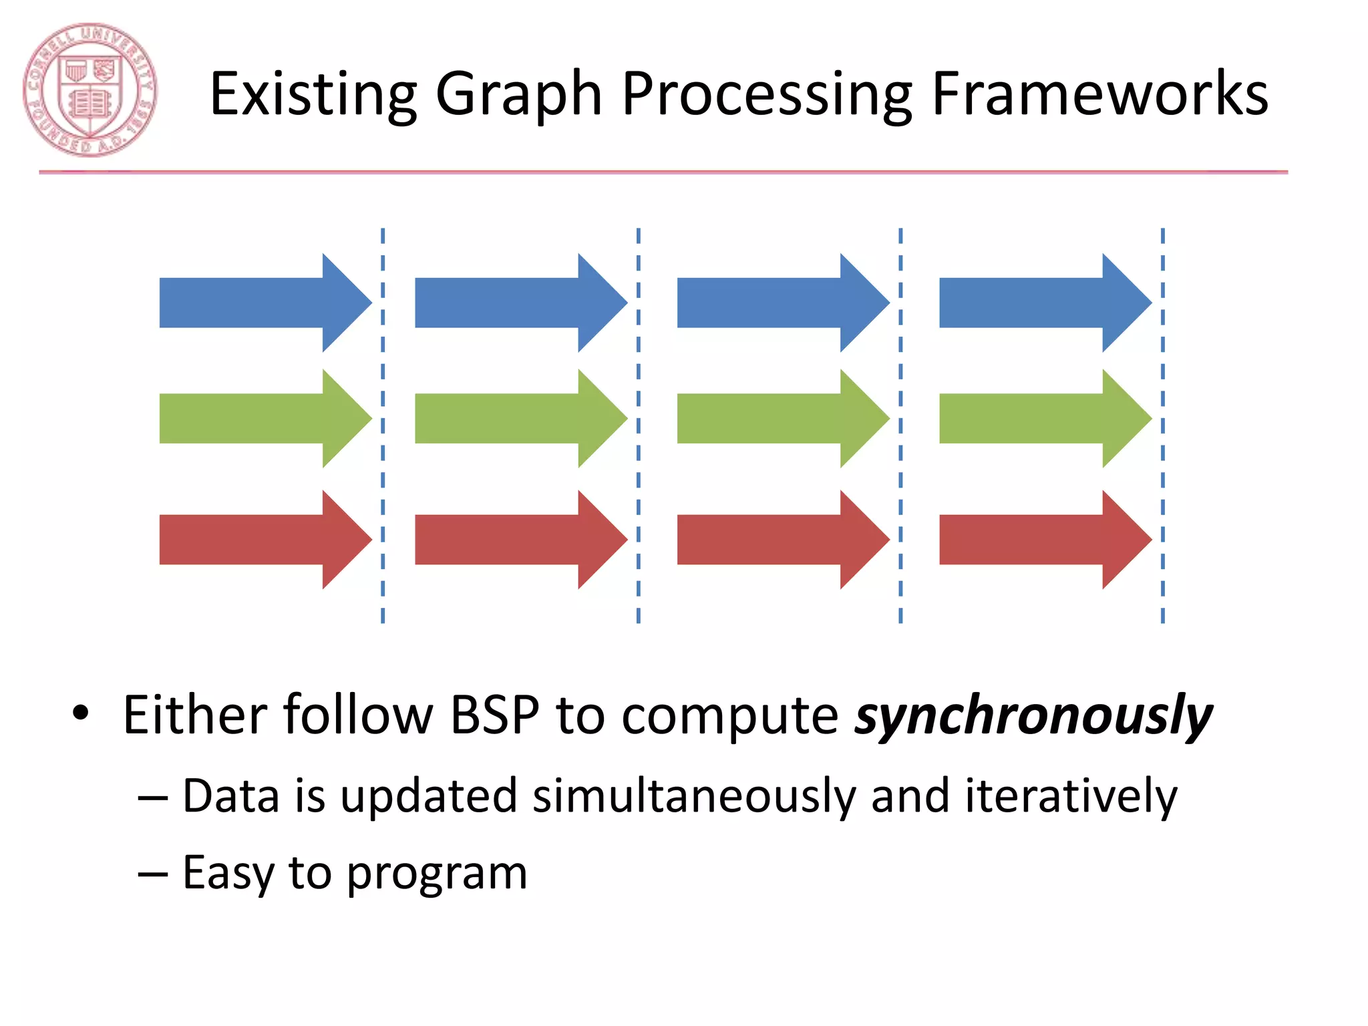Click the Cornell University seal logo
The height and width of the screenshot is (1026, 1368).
pos(90,90)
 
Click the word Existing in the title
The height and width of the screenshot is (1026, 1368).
pos(313,95)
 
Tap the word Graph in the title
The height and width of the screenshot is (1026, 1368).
pos(518,95)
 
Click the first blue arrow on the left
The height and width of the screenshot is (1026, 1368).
pos(265,303)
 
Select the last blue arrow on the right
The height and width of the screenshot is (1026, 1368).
pos(1044,303)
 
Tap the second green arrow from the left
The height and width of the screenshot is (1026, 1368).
pos(520,418)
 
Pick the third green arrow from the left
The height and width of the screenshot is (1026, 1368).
pos(782,418)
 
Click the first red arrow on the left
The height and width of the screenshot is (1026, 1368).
pos(265,540)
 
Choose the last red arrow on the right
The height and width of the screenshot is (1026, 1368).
pos(1044,540)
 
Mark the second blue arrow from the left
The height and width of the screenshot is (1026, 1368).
pos(520,303)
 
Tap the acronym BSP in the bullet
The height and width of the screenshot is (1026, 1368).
pos(494,715)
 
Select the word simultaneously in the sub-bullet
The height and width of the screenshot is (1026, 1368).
pos(694,796)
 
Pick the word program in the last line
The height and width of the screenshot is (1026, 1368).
pos(437,874)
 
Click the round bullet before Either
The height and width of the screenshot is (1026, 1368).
pos(81,713)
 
